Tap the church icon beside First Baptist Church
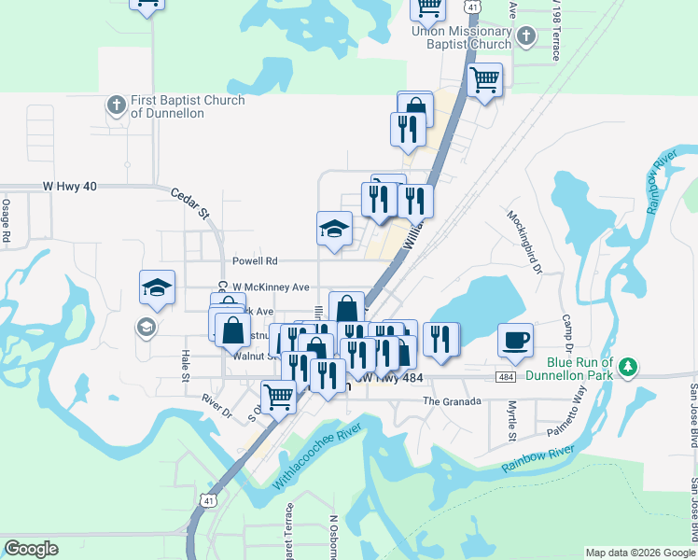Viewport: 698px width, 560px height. coord(118,104)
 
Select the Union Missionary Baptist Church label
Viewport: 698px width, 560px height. coord(462,37)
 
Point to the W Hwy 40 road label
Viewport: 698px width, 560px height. coord(70,187)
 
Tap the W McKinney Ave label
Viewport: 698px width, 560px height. coord(271,287)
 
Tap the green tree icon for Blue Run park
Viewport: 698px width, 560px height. coord(630,365)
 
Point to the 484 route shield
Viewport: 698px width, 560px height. coord(506,377)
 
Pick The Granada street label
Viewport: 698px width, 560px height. coord(451,400)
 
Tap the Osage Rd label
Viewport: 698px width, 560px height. coord(6,221)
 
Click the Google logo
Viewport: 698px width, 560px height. coord(32,549)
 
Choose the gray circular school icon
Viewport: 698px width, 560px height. coord(146,327)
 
